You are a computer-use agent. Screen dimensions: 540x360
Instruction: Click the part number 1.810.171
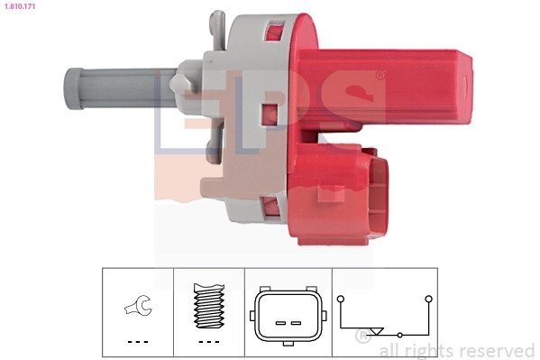click(21, 5)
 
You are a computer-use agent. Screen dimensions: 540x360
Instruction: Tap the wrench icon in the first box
click(138, 305)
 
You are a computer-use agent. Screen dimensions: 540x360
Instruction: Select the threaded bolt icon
click(209, 305)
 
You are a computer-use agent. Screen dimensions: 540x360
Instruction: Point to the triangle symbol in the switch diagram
click(377, 331)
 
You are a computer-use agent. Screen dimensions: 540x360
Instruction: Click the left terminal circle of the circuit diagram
click(341, 299)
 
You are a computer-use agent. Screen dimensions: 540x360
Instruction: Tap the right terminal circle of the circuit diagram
click(429, 299)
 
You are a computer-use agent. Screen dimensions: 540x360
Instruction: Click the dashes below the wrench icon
click(138, 342)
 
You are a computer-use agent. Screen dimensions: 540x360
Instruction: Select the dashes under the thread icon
click(209, 342)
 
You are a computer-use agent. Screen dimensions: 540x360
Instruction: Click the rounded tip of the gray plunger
click(73, 88)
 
